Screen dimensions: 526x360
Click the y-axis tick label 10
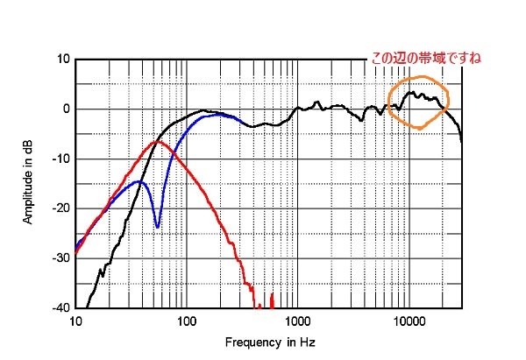[63, 59]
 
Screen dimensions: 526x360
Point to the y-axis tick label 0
[66, 109]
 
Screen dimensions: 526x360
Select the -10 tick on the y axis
[61, 159]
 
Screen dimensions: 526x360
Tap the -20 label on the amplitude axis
[61, 208]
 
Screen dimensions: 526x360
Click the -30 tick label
[61, 258]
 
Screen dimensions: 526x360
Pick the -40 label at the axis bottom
[61, 307]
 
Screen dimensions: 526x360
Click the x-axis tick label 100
[187, 321]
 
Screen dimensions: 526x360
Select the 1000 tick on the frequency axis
[297, 321]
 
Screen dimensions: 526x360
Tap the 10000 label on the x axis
[409, 321]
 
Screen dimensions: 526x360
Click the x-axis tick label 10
[75, 321]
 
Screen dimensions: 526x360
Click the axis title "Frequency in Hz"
[270, 342]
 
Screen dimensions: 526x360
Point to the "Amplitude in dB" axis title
[28, 182]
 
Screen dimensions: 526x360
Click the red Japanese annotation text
[426, 59]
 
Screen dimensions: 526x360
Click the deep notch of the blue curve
[157, 227]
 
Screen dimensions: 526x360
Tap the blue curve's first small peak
[139, 181]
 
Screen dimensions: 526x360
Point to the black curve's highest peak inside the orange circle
[410, 92]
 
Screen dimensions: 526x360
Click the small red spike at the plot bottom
[272, 301]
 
